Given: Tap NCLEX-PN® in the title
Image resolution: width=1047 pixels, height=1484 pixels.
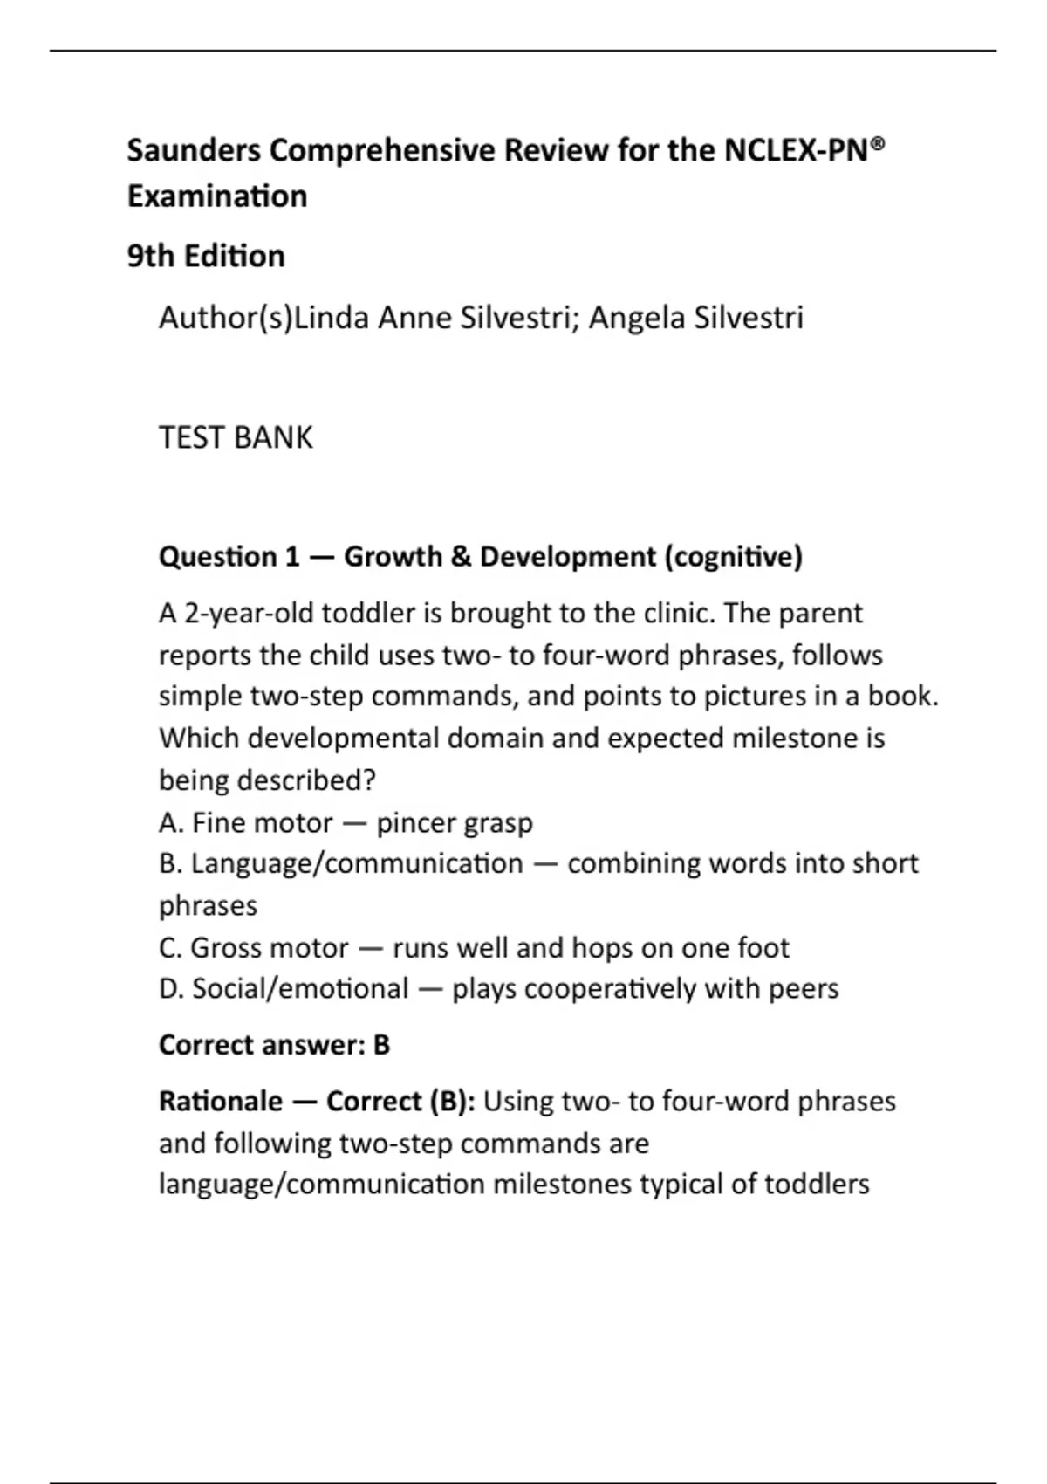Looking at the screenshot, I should coord(803,151).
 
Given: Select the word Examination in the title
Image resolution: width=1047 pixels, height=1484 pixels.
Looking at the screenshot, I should coord(217,196).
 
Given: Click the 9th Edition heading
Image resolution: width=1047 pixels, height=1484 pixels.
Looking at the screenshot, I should coord(206,257).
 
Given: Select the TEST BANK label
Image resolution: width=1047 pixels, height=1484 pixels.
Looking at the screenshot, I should coord(236,437).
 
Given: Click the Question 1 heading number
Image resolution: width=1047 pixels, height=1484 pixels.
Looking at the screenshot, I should coord(291,557).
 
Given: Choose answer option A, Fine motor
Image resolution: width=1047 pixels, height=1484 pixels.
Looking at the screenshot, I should coord(246,822).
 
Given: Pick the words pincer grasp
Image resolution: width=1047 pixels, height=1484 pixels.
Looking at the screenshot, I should coord(455,822).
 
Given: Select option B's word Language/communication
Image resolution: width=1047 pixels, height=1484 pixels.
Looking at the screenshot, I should coord(357,863).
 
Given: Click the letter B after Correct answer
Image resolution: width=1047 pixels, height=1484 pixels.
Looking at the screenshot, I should coord(381,1045).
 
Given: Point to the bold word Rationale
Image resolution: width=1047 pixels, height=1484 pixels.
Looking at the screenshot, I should coord(221,1102).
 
